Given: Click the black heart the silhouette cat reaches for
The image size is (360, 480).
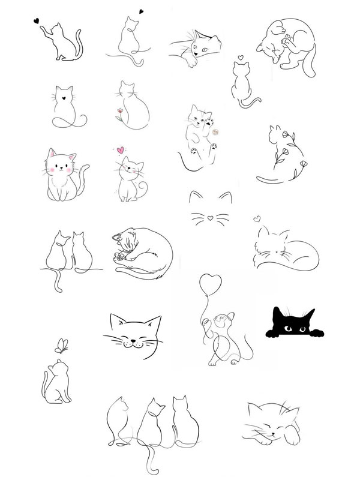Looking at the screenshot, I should coord(37,20).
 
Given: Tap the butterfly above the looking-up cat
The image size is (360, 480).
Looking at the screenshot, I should coord(61,345).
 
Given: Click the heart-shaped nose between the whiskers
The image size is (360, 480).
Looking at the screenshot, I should coord(208,218).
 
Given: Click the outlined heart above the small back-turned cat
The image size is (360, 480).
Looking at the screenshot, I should coord(240,58).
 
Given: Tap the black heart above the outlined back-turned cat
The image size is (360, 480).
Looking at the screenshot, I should coord(140,10).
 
